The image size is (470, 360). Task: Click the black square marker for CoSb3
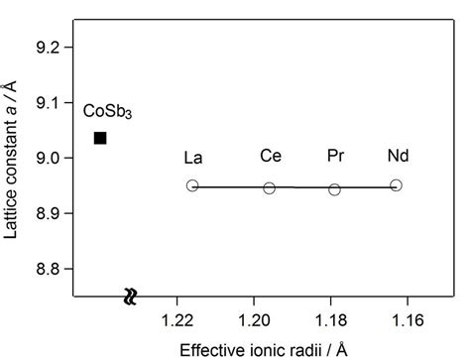[100, 137]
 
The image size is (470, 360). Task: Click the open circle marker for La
[192, 185]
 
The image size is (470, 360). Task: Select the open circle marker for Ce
[269, 187]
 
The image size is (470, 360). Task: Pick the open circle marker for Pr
[334, 188]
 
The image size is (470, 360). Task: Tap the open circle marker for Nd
[396, 185]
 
